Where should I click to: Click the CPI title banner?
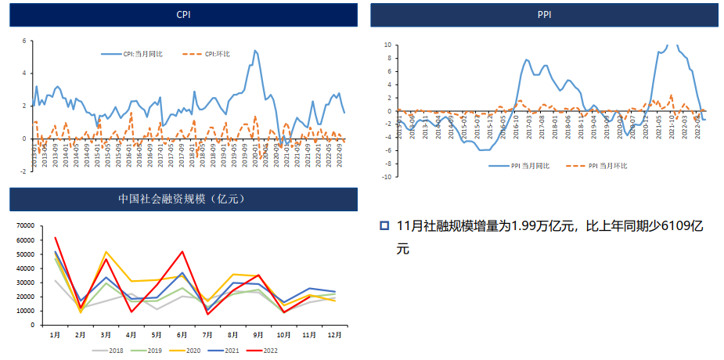coord(183,15)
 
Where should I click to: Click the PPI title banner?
coord(544,15)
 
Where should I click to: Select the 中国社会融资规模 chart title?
coord(183,200)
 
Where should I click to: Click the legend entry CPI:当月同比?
coord(132,54)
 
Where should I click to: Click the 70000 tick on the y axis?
coord(26,226)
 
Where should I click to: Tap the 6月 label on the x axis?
coord(182,335)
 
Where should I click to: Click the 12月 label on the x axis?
coord(334,335)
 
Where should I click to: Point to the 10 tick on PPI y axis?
coord(387,45)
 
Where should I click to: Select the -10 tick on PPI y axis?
coord(385,177)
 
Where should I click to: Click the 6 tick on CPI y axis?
coord(24,40)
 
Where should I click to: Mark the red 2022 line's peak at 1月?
coord(55,237)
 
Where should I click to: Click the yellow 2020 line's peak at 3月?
coord(106,252)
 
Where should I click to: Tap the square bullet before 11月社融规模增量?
coord(384,225)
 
